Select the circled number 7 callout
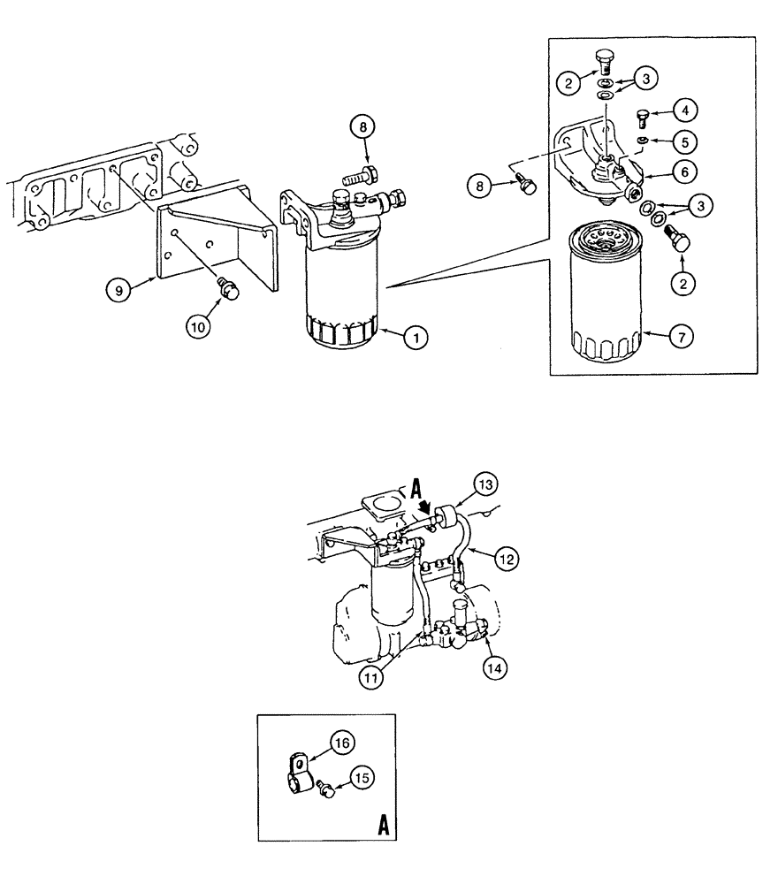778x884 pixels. point(682,336)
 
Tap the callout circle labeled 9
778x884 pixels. point(116,287)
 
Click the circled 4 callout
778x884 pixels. point(685,110)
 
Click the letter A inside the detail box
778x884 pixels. point(384,826)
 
